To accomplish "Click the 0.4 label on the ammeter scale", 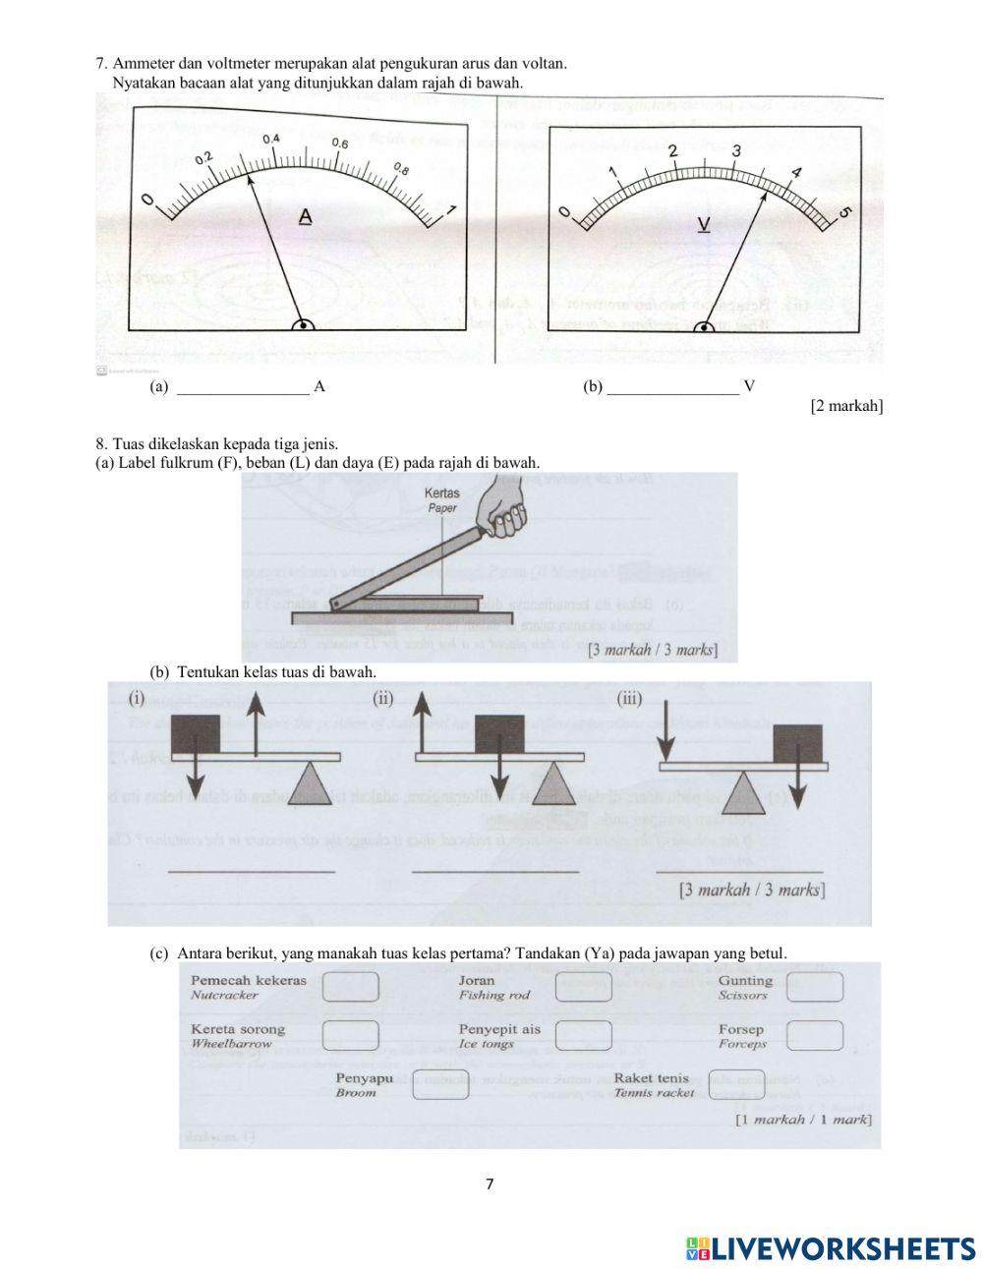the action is [271, 139].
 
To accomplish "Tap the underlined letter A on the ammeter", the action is [305, 216].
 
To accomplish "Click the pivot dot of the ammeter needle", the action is [304, 325].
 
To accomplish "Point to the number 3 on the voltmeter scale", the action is [736, 150].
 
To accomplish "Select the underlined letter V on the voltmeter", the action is [703, 225].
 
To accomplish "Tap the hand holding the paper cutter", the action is [505, 510].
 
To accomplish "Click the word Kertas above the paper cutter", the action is [442, 493].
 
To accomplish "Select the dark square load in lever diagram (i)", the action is [196, 734].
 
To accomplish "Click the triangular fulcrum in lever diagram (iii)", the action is [747, 789].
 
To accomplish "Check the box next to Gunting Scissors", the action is [815, 987].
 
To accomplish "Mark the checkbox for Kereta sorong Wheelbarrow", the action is [351, 1035].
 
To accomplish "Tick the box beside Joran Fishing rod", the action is [583, 987].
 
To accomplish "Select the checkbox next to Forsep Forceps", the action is [815, 1035].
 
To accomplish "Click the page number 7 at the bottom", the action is [490, 1183].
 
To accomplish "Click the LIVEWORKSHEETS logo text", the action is [842, 1248].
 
